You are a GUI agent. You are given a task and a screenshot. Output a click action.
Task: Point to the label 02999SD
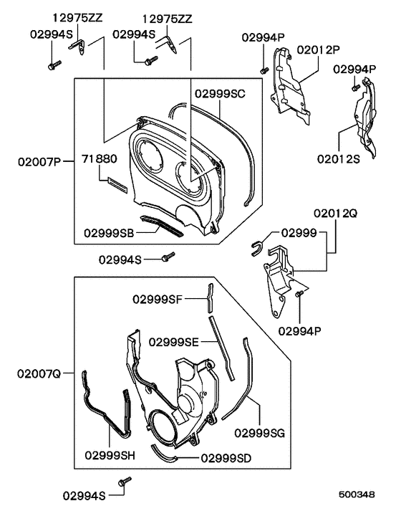tap(226, 457)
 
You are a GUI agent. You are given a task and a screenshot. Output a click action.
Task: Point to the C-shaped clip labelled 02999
tap(257, 248)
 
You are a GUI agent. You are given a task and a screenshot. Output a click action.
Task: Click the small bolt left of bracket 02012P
tap(264, 70)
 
